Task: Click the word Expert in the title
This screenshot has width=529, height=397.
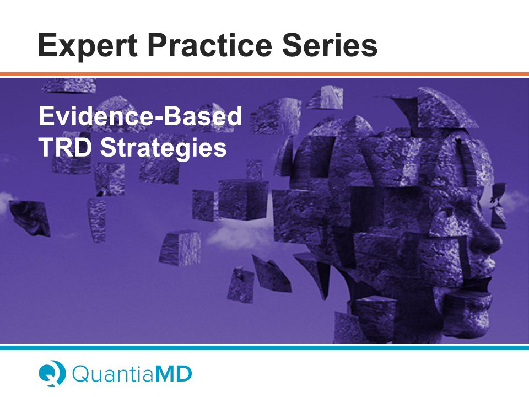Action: point(88,46)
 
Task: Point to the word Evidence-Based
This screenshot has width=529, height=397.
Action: point(141,116)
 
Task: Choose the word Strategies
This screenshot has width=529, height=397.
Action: point(164,149)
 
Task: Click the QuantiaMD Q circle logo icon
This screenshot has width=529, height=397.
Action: point(52,373)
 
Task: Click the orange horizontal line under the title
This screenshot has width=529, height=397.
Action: point(264,74)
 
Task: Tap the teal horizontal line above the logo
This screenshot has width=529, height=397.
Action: point(264,348)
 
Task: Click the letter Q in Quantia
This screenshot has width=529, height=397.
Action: point(82,374)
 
